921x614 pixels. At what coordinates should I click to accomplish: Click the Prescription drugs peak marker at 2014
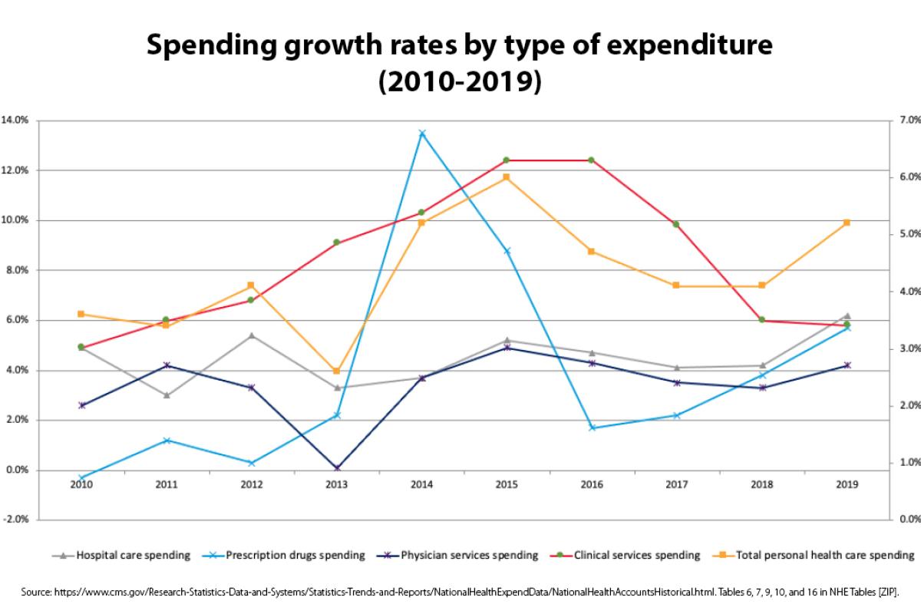pyautogui.click(x=421, y=133)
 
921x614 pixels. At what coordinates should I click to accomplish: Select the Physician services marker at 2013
pyautogui.click(x=337, y=467)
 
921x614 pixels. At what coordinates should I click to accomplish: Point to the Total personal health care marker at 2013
pyautogui.click(x=337, y=371)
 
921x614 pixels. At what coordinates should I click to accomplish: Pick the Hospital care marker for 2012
pyautogui.click(x=252, y=335)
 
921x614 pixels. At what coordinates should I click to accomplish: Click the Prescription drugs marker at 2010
pyautogui.click(x=81, y=477)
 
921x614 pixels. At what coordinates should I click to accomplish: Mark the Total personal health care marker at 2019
pyautogui.click(x=847, y=223)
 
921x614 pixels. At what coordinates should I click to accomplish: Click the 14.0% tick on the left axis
pyautogui.click(x=16, y=120)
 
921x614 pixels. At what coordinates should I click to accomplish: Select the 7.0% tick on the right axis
pyautogui.click(x=909, y=120)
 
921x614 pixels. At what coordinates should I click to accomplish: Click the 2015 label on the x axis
pyautogui.click(x=507, y=484)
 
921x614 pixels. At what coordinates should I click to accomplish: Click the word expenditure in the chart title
pyautogui.click(x=676, y=48)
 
